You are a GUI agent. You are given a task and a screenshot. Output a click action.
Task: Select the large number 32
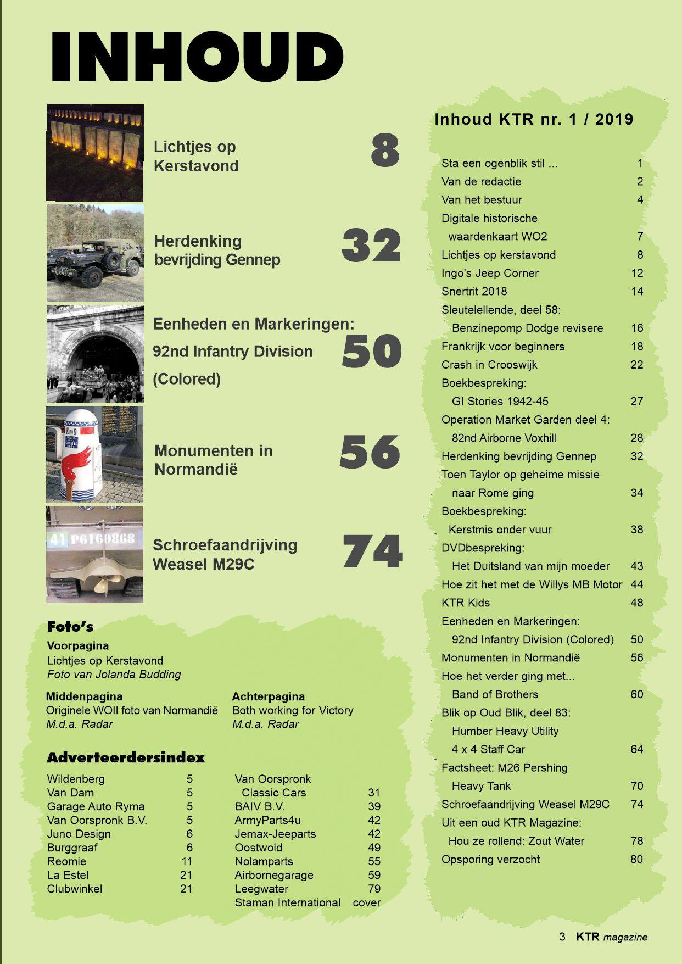tap(371, 245)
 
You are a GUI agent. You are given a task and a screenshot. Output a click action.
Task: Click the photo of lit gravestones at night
tap(94, 152)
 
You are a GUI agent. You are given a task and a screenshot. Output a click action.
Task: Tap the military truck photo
tap(94, 254)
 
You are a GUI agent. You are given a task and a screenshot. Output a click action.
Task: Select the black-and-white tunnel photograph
tap(94, 354)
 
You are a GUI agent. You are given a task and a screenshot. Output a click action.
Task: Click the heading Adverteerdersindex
tap(125, 758)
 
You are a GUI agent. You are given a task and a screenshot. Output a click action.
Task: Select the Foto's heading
tap(70, 627)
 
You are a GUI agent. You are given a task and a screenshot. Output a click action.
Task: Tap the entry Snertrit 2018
tap(474, 291)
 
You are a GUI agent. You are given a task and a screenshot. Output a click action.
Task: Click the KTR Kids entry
tap(466, 603)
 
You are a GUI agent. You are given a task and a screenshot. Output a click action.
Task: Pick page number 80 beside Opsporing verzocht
tap(636, 859)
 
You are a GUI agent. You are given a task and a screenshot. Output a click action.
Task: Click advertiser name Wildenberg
tap(76, 779)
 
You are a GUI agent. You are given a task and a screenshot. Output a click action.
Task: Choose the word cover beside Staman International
tap(366, 902)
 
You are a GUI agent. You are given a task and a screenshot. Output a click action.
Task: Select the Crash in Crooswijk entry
tap(489, 365)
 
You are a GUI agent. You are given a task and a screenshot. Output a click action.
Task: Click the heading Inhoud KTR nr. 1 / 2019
tap(534, 119)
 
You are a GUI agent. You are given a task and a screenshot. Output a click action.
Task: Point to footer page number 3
tap(562, 937)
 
